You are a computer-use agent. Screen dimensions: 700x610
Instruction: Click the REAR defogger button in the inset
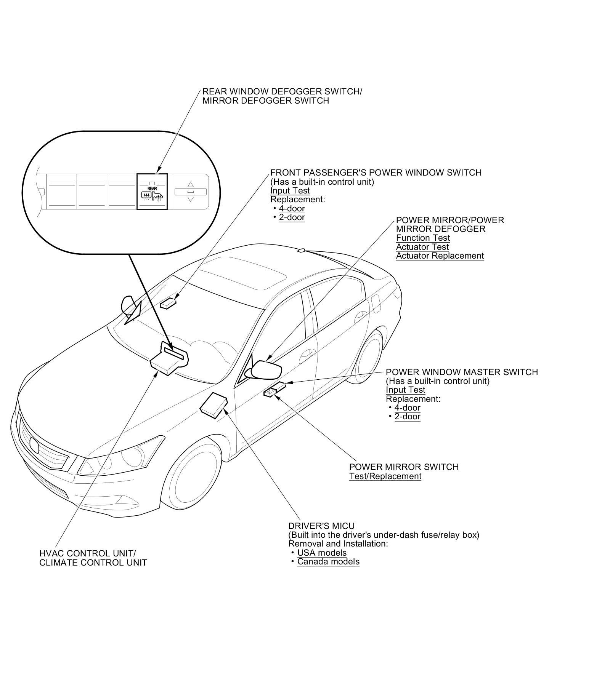(x=152, y=191)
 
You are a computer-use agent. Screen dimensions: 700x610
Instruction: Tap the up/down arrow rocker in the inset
(x=191, y=192)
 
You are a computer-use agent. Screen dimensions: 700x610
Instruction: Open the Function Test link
(x=423, y=238)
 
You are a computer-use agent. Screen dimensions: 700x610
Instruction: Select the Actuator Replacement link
(x=440, y=256)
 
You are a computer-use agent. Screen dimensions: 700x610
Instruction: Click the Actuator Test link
(x=422, y=247)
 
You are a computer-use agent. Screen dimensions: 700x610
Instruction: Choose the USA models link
(x=322, y=553)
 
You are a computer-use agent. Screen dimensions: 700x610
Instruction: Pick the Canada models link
(x=328, y=562)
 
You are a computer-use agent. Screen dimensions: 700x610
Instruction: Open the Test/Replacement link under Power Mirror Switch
(x=385, y=476)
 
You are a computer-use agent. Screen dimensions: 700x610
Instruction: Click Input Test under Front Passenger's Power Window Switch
(x=290, y=190)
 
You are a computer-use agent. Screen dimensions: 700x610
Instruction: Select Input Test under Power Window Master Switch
(x=405, y=390)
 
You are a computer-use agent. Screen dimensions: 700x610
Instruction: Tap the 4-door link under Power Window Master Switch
(x=407, y=408)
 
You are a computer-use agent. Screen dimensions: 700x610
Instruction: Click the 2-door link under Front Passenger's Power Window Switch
(x=292, y=217)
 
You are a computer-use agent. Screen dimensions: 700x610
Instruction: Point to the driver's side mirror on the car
(x=266, y=369)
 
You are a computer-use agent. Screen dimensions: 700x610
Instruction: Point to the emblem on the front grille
(x=34, y=445)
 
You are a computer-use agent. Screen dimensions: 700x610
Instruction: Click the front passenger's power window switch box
(x=168, y=303)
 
